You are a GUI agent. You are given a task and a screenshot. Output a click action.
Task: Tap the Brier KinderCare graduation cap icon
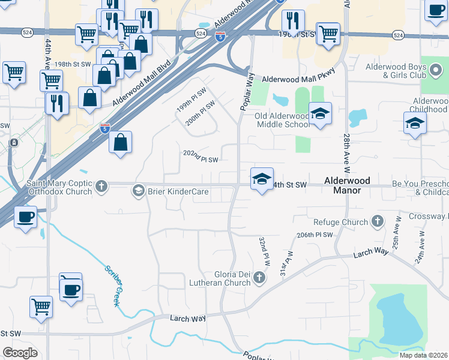pos(138,191)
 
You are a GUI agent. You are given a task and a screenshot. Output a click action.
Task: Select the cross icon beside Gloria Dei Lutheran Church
pos(259,277)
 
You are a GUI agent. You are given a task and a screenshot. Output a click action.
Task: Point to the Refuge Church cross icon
pos(377,222)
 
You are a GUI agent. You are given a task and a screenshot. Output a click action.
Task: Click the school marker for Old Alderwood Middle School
pos(320,114)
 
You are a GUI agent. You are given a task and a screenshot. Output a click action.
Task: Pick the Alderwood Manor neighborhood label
pos(342,185)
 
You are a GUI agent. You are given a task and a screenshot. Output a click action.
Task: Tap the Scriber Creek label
pos(112,286)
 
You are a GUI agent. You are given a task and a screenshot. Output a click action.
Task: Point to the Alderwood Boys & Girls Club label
pos(392,76)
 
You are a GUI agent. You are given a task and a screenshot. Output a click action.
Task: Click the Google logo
pos(20,353)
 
